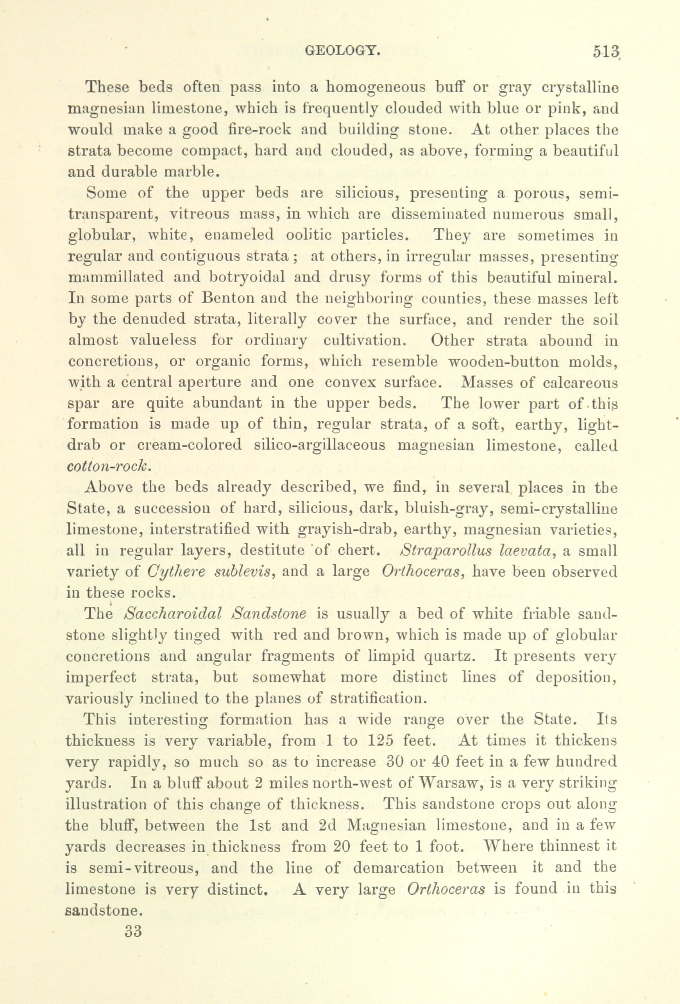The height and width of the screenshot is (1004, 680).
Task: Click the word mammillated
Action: [117, 277]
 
